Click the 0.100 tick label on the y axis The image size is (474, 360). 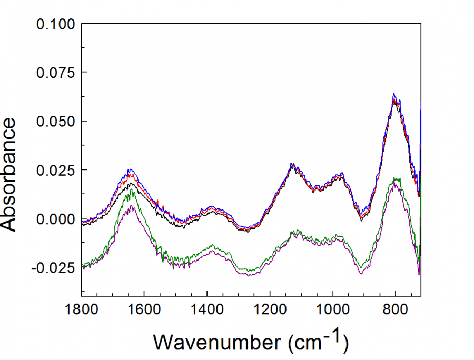click(x=55, y=24)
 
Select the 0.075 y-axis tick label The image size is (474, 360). click(x=55, y=73)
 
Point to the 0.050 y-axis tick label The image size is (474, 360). click(x=55, y=121)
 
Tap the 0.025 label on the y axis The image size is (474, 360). click(x=55, y=170)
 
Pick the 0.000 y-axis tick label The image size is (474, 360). click(x=55, y=219)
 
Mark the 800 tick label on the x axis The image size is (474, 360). click(x=396, y=309)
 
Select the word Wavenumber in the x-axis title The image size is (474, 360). click(x=217, y=342)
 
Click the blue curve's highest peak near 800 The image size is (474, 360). click(x=393, y=94)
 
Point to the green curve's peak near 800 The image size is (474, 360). click(x=395, y=178)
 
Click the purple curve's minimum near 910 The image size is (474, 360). click(x=361, y=273)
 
